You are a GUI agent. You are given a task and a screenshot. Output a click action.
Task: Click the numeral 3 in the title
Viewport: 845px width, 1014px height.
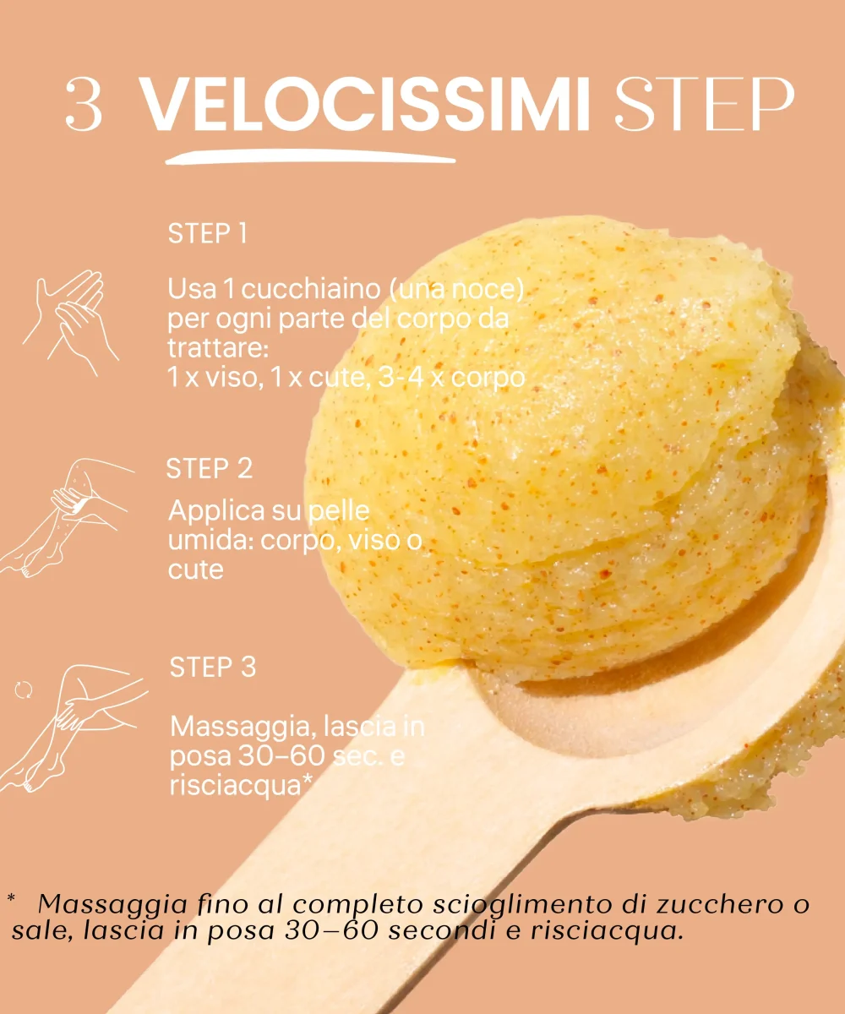pos(84,103)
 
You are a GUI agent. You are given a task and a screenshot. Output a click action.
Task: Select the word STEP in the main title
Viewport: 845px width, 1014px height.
pos(704,103)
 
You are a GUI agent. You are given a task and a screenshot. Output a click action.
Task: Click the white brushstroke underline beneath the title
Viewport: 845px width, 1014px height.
pos(310,157)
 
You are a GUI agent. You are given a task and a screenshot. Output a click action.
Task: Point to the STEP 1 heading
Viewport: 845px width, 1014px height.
pos(207,233)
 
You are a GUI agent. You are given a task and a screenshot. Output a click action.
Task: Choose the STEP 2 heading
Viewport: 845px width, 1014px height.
pos(210,469)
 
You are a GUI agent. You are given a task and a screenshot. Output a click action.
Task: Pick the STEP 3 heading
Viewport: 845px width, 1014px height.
pos(213,667)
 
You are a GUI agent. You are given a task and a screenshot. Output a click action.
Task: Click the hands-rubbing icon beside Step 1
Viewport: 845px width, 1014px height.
pos(70,323)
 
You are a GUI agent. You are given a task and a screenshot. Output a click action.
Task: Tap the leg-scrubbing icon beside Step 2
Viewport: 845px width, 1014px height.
pos(66,517)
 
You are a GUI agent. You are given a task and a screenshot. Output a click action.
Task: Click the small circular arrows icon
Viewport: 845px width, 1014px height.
pos(23,690)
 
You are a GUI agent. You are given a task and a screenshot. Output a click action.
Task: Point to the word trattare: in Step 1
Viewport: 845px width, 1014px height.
pos(217,349)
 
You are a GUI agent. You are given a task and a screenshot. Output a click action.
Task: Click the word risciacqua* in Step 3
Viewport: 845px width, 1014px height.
pos(240,785)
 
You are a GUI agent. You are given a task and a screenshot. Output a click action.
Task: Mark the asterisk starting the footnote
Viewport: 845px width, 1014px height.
pos(12,898)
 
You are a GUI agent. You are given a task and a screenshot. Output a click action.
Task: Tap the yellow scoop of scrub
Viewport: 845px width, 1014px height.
pos(559,451)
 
